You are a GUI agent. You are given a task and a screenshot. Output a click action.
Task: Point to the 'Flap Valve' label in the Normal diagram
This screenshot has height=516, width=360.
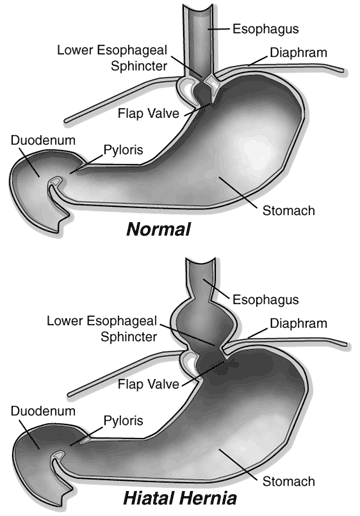click(146, 113)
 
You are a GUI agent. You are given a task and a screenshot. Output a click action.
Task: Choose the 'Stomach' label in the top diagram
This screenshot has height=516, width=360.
click(288, 210)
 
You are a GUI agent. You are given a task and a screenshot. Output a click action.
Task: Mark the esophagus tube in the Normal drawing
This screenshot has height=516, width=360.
click(207, 35)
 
